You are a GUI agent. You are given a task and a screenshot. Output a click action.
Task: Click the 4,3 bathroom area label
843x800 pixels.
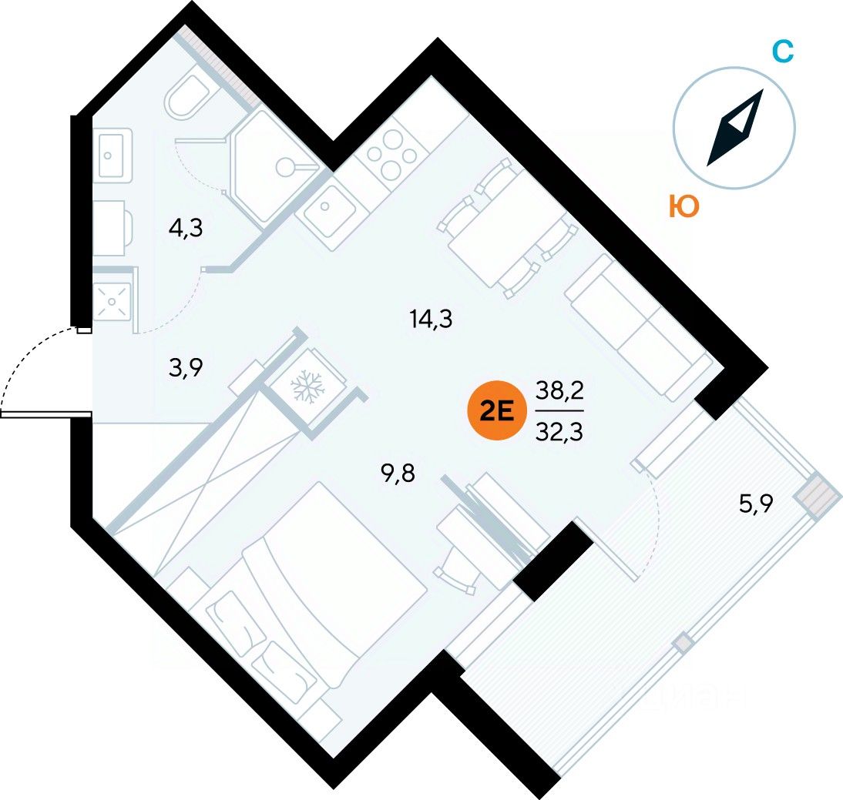click(x=186, y=229)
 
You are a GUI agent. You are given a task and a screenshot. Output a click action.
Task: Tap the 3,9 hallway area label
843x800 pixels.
click(x=186, y=368)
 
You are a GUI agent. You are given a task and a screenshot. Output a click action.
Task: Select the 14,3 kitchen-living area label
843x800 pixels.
click(x=431, y=319)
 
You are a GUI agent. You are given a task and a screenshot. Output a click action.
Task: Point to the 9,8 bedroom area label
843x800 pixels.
click(x=398, y=474)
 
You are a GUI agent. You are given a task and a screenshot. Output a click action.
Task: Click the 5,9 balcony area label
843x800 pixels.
click(x=756, y=504)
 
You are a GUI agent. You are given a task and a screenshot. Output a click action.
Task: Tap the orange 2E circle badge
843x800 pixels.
click(x=497, y=410)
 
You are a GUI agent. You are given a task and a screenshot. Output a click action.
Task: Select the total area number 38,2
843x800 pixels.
click(x=559, y=390)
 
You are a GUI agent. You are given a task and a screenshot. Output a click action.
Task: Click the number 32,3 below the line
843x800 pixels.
click(x=559, y=431)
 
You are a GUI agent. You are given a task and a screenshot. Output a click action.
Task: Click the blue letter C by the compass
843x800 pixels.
click(x=783, y=52)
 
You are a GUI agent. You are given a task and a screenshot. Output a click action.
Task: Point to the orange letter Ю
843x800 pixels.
click(x=683, y=206)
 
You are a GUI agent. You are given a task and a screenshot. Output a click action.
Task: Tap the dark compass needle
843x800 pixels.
click(x=735, y=127)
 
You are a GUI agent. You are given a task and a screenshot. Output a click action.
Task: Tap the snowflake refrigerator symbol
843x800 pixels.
click(x=307, y=385)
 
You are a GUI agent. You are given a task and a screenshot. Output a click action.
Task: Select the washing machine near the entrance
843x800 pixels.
click(x=113, y=301)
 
